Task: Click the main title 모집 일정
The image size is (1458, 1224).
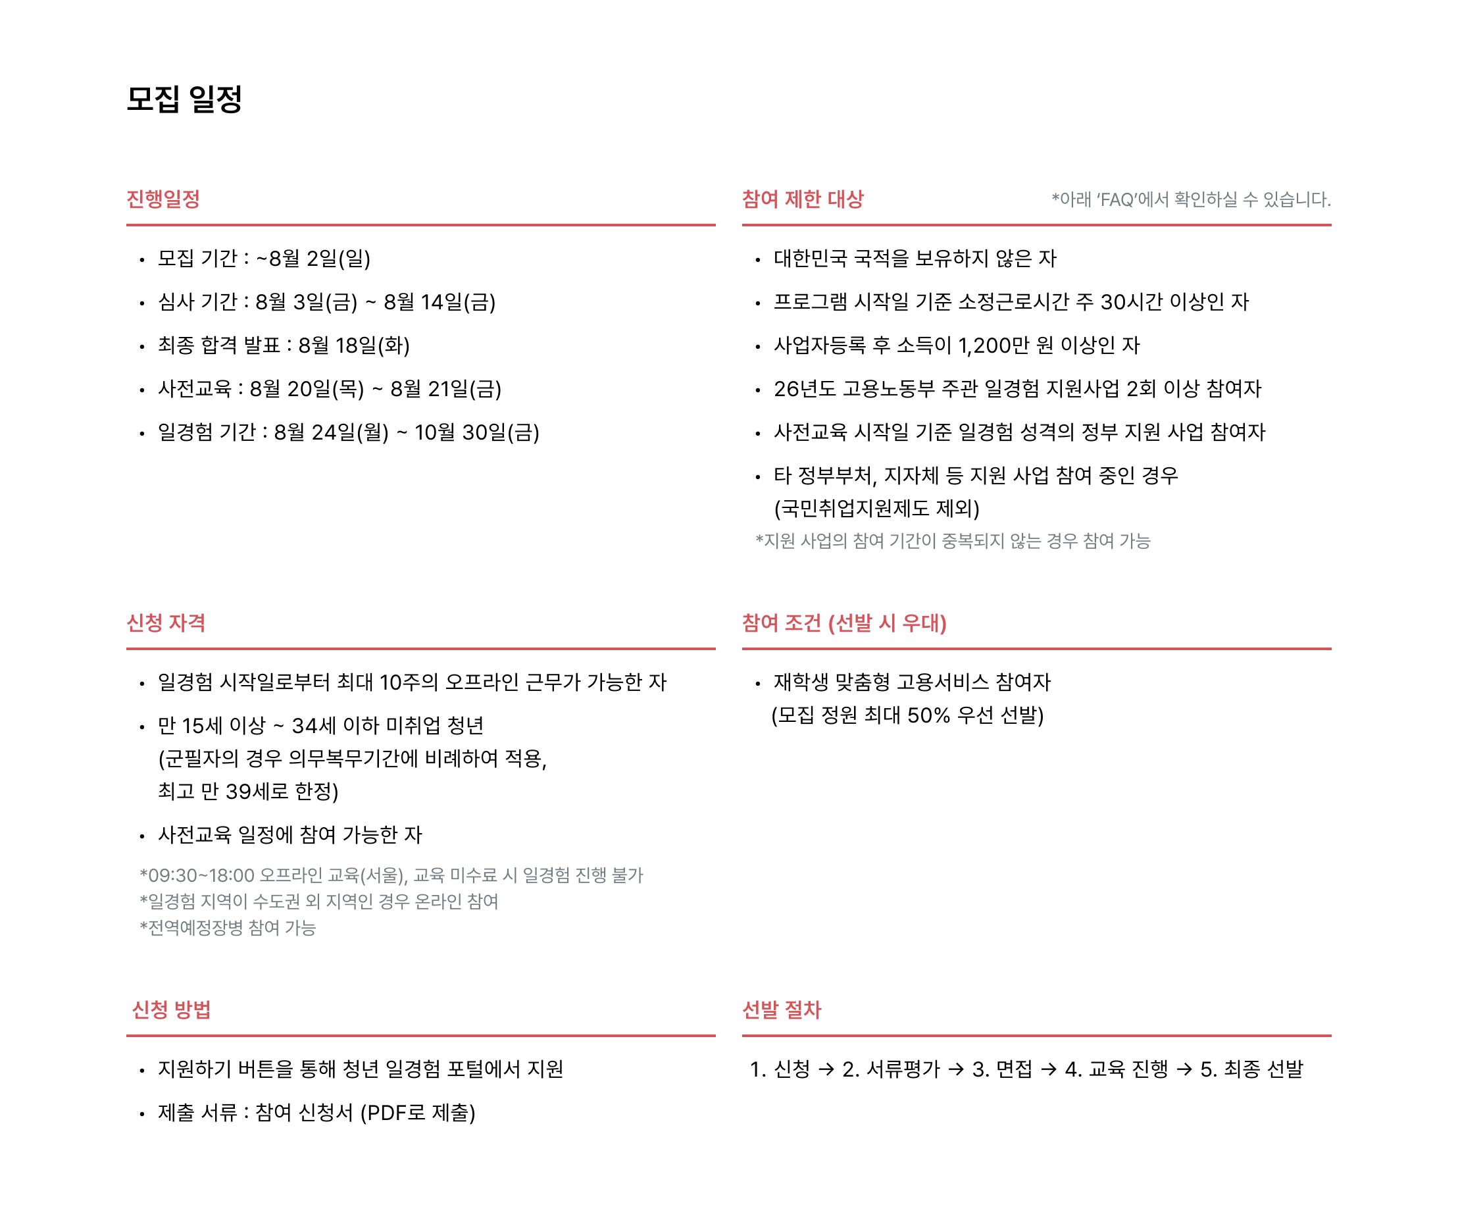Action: [184, 99]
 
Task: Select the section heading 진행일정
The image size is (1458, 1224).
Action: [163, 199]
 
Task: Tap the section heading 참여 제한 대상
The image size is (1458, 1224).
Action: [803, 199]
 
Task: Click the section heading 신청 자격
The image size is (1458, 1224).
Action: [166, 623]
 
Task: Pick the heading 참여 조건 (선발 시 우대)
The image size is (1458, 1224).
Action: [844, 623]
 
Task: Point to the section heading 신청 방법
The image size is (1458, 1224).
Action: [172, 1009]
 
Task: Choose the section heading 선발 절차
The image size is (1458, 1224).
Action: [782, 1009]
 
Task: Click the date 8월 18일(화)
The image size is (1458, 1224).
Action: [354, 345]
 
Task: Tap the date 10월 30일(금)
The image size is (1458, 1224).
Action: [477, 432]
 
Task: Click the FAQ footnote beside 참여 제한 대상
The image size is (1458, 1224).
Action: [1192, 200]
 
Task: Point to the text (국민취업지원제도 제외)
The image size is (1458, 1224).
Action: [877, 508]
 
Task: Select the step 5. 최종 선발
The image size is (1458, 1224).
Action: [1252, 1069]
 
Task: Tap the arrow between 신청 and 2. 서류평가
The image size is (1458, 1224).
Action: [826, 1069]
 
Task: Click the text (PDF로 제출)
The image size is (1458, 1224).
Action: [417, 1113]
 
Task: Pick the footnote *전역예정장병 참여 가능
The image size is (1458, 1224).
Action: [228, 928]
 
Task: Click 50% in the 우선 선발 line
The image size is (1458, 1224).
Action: [928, 715]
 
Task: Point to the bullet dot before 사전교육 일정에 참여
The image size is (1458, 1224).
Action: [141, 836]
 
